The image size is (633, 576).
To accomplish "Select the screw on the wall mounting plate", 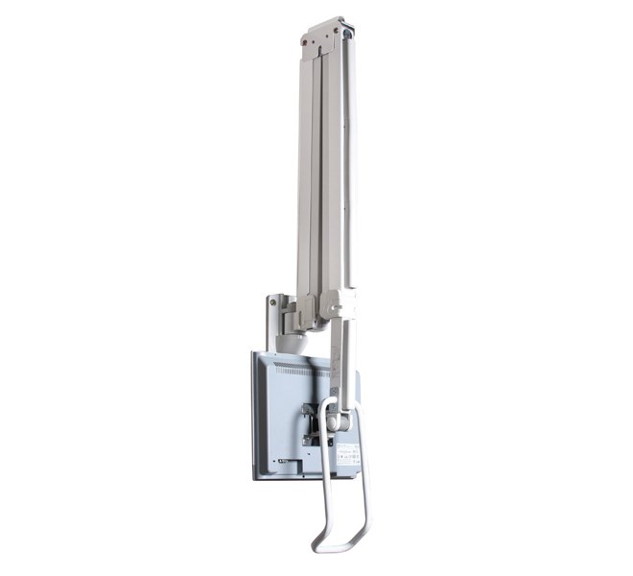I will pos(272,303).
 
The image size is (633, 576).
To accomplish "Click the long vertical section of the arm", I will pos(326,163).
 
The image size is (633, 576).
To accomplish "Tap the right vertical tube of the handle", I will pos(363,480).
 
